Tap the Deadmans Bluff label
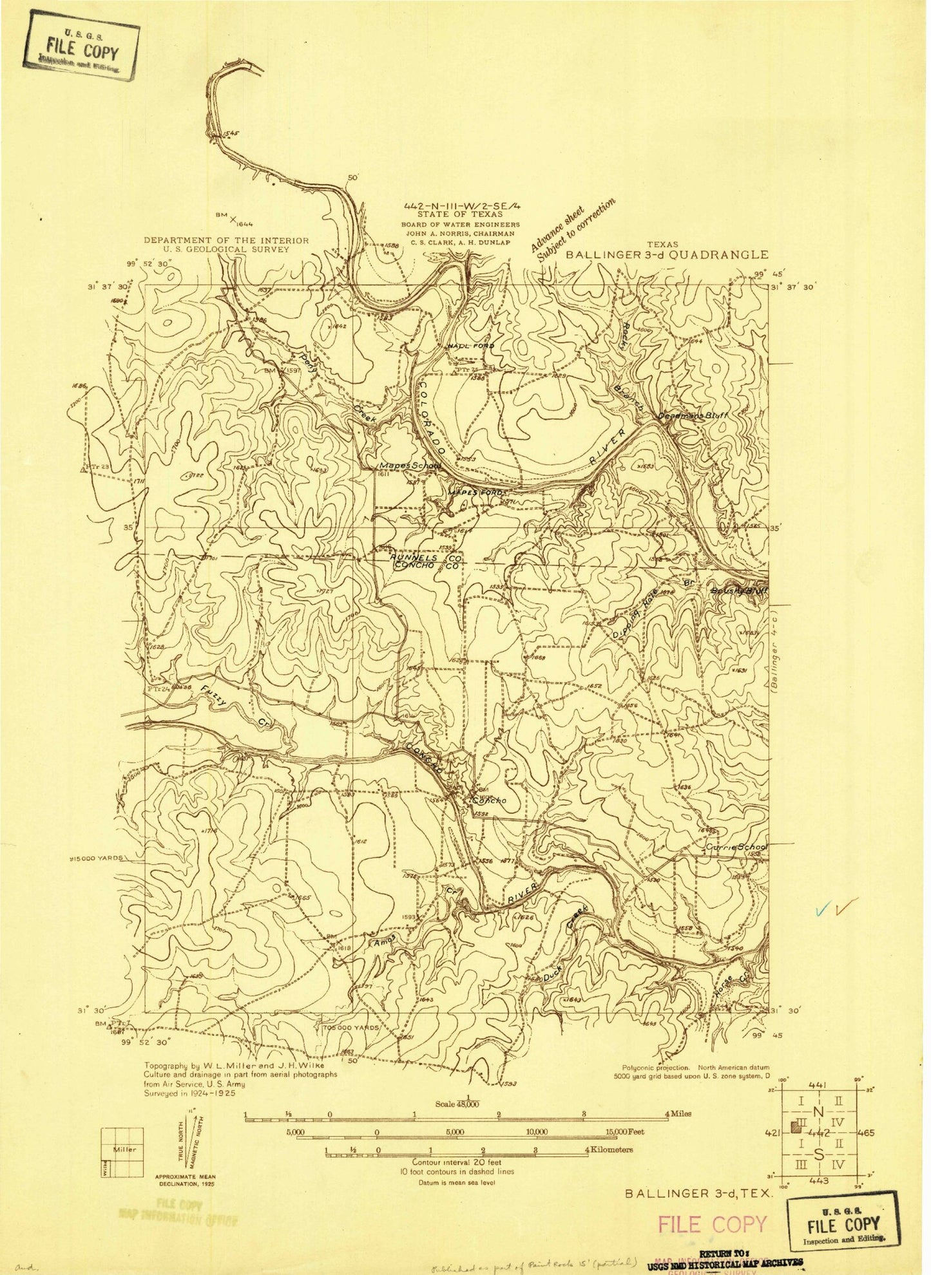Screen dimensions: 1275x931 click(x=692, y=416)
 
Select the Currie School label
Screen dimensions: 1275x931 click(x=736, y=847)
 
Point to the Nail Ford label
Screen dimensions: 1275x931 click(x=471, y=346)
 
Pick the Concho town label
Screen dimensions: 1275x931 click(x=490, y=800)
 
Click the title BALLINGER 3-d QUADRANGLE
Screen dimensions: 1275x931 click(x=667, y=254)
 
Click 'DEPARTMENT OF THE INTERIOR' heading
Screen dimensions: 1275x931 click(x=226, y=240)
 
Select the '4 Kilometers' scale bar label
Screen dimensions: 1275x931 click(x=609, y=1149)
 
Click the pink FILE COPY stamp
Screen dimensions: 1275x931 click(x=713, y=1224)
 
